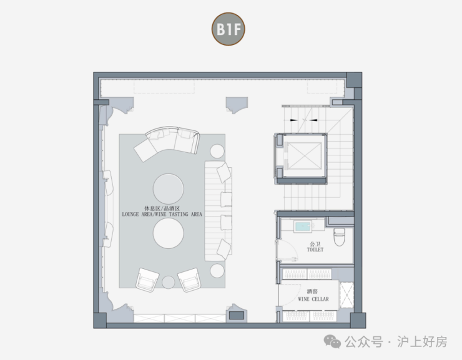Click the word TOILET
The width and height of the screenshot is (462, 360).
click(x=315, y=250)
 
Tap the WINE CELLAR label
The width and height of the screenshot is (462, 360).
click(x=313, y=299)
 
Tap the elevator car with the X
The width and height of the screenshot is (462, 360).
click(x=301, y=157)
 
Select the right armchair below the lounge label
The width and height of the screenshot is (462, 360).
click(x=189, y=280)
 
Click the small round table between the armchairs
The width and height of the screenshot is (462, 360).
click(x=169, y=283)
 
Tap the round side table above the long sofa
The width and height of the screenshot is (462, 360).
click(x=217, y=151)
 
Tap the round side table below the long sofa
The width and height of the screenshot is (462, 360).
click(x=217, y=270)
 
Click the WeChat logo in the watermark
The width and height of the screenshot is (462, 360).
click(x=331, y=341)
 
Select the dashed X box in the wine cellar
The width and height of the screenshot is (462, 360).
click(x=346, y=295)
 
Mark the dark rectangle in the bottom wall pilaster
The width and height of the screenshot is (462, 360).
click(x=235, y=316)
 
